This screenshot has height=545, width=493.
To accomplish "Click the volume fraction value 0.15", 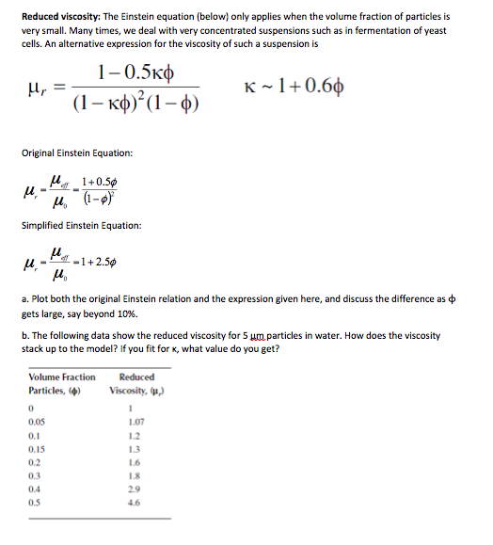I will click(37, 450).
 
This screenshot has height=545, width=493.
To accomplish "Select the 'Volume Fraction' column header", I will click(62, 377).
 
